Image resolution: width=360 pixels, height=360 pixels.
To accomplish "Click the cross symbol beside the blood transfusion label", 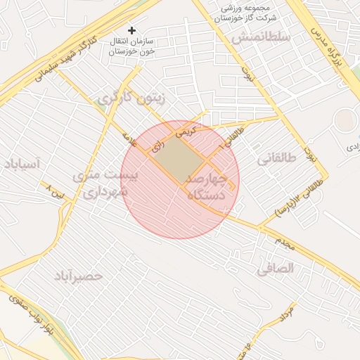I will pyautogui.click(x=131, y=31).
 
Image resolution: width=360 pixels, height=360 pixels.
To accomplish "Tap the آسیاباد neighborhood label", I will pyautogui.click(x=23, y=164).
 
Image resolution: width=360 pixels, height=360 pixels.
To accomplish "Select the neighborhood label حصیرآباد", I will pyautogui.click(x=78, y=276).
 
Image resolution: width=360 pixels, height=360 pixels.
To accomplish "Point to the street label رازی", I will pyautogui.click(x=157, y=146).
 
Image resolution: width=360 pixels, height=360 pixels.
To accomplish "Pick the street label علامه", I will pyautogui.click(x=132, y=138).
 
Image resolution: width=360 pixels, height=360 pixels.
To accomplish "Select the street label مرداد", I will pyautogui.click(x=288, y=312).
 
